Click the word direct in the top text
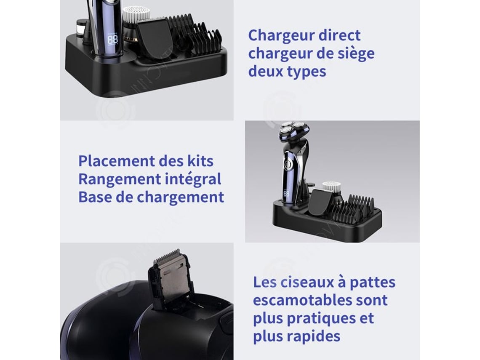click(x=339, y=35)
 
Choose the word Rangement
click(x=120, y=179)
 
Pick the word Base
click(x=95, y=197)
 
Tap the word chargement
click(x=180, y=197)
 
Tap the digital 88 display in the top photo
click(x=113, y=39)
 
